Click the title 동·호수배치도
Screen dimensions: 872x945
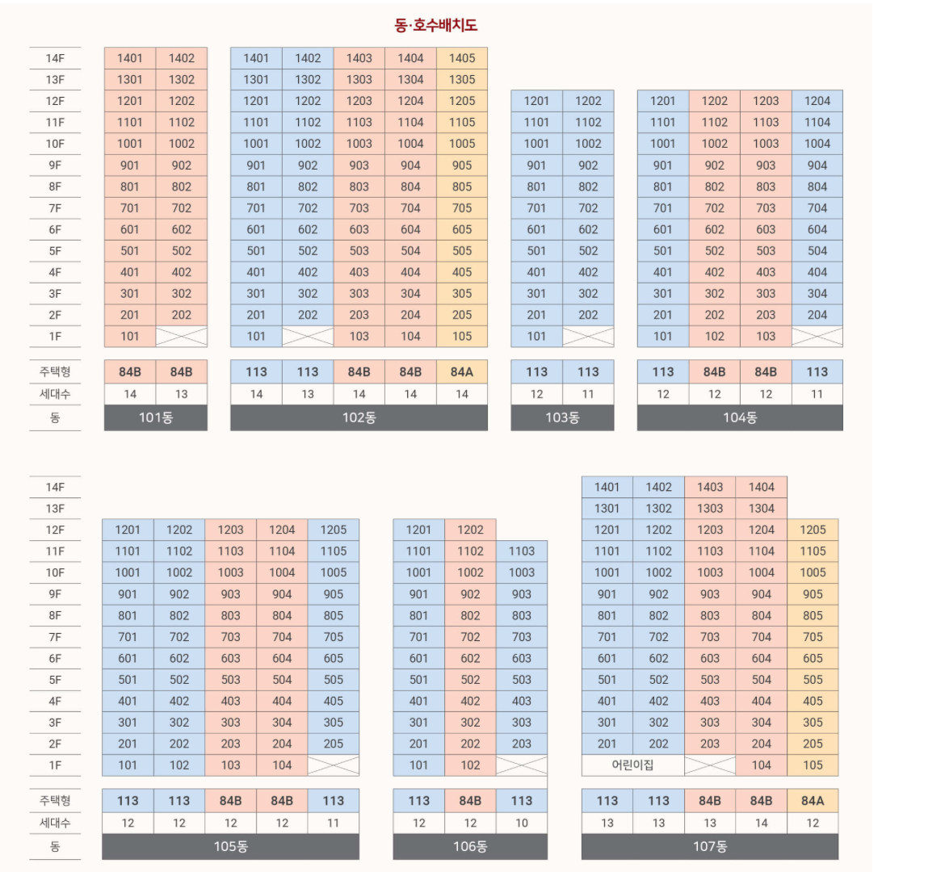pos(435,25)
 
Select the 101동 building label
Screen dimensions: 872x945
pos(156,417)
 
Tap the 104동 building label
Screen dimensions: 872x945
pos(740,417)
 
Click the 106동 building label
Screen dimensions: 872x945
pos(470,846)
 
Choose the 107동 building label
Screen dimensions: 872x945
pos(710,846)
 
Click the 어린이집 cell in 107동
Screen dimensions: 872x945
pos(632,765)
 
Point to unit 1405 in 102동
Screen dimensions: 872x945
pos(462,58)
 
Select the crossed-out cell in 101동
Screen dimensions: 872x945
pos(181,336)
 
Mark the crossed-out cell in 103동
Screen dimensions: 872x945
pos(588,336)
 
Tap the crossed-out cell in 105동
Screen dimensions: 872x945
pos(333,765)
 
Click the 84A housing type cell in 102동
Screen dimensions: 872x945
pos(462,371)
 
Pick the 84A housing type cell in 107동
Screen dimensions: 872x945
pos(813,800)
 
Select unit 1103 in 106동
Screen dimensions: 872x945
pos(522,551)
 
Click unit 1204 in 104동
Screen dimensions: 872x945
pos(817,101)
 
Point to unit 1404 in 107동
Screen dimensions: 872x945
pos(762,487)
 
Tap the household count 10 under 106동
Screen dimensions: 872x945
pos(522,823)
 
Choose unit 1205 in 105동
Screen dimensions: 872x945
pos(333,530)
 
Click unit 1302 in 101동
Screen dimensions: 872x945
pos(182,79)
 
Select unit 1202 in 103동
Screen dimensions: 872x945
pos(588,101)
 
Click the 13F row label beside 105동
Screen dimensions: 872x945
pos(55,509)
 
